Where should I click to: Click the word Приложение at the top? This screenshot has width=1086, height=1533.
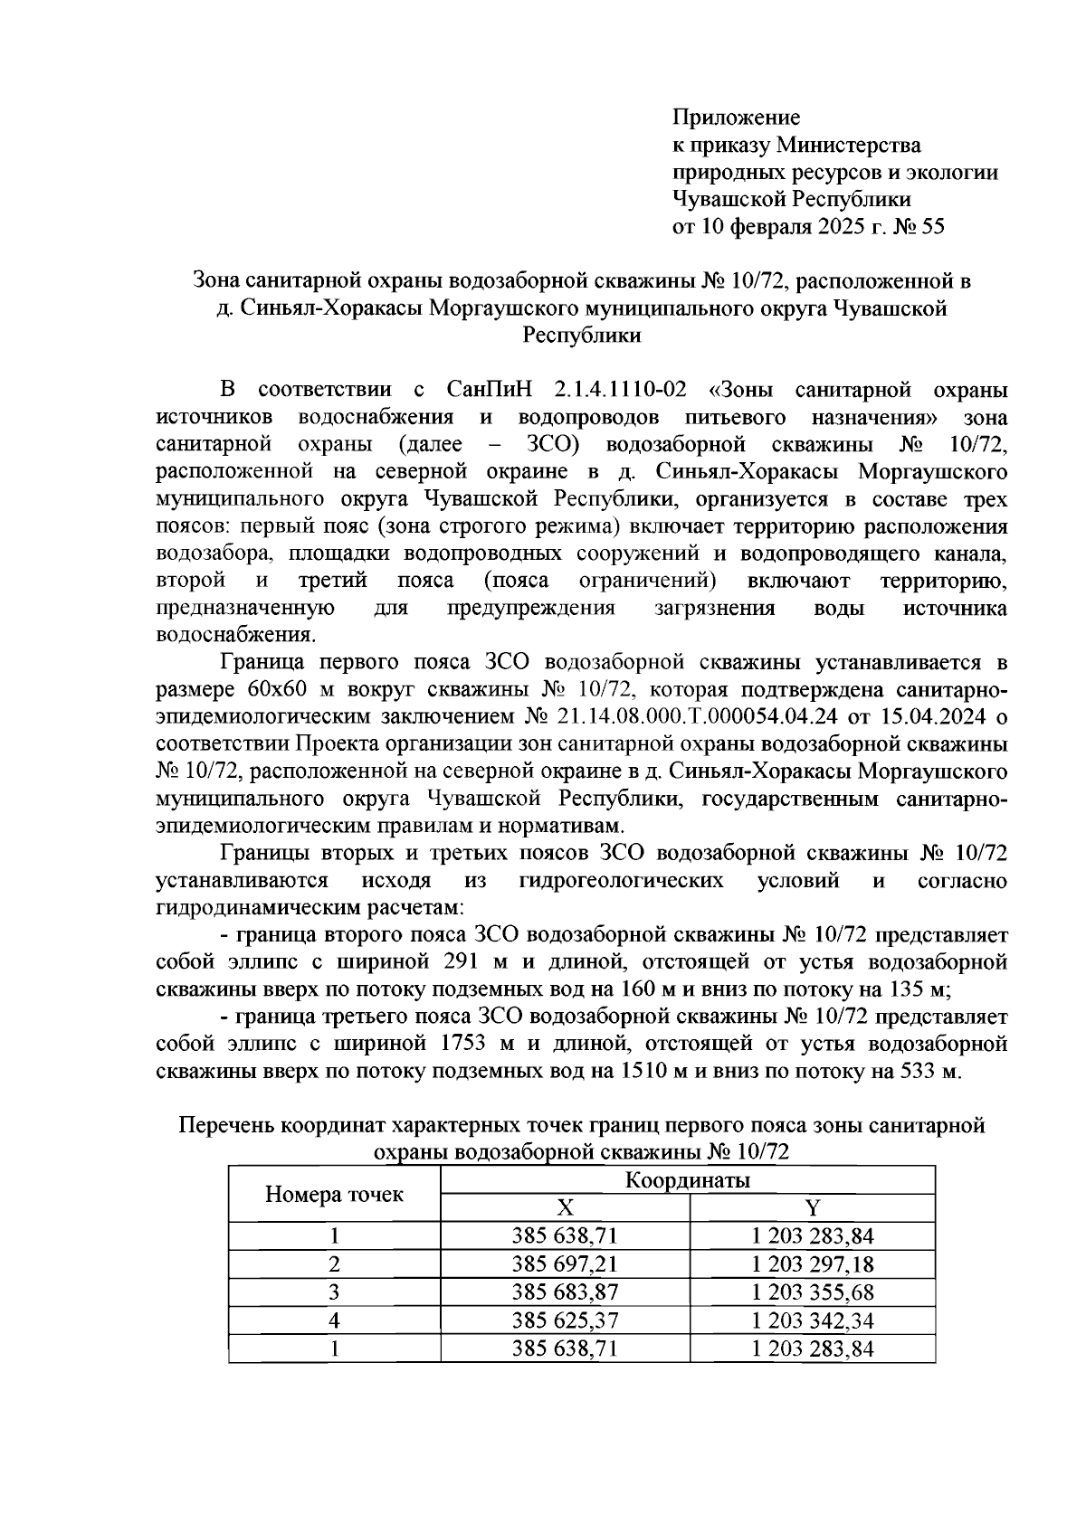pos(736,118)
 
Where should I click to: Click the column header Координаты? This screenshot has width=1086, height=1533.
pos(687,1180)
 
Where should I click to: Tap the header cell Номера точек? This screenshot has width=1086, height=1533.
pos(334,1195)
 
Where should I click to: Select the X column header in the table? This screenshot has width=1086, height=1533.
pos(565,1208)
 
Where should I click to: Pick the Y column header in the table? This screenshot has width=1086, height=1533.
pos(812,1208)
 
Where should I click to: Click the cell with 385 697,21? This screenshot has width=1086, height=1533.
pos(565,1264)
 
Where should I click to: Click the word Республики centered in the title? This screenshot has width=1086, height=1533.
pos(582,336)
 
